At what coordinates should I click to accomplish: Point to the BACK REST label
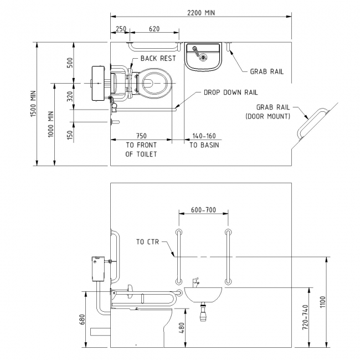[158, 58]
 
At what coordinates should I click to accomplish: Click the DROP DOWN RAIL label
[230, 92]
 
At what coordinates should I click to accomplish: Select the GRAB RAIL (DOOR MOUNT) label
[268, 111]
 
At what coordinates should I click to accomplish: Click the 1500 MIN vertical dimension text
[32, 104]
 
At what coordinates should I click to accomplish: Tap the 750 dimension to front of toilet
[141, 136]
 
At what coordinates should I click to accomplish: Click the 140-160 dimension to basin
[203, 136]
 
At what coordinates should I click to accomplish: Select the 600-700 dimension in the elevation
[203, 210]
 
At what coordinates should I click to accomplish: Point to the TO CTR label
[148, 242]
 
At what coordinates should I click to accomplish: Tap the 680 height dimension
[82, 320]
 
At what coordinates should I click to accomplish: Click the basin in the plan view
[203, 58]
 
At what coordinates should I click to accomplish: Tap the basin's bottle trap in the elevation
[204, 315]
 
